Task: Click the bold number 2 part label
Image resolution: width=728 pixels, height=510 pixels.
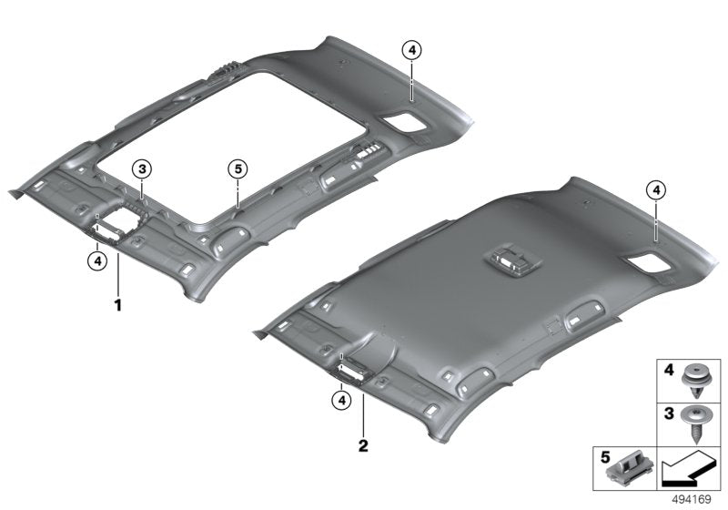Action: (x=362, y=446)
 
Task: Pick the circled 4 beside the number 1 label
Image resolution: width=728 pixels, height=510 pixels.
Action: (x=96, y=260)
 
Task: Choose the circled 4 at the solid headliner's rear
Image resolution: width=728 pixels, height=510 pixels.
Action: (x=655, y=189)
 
